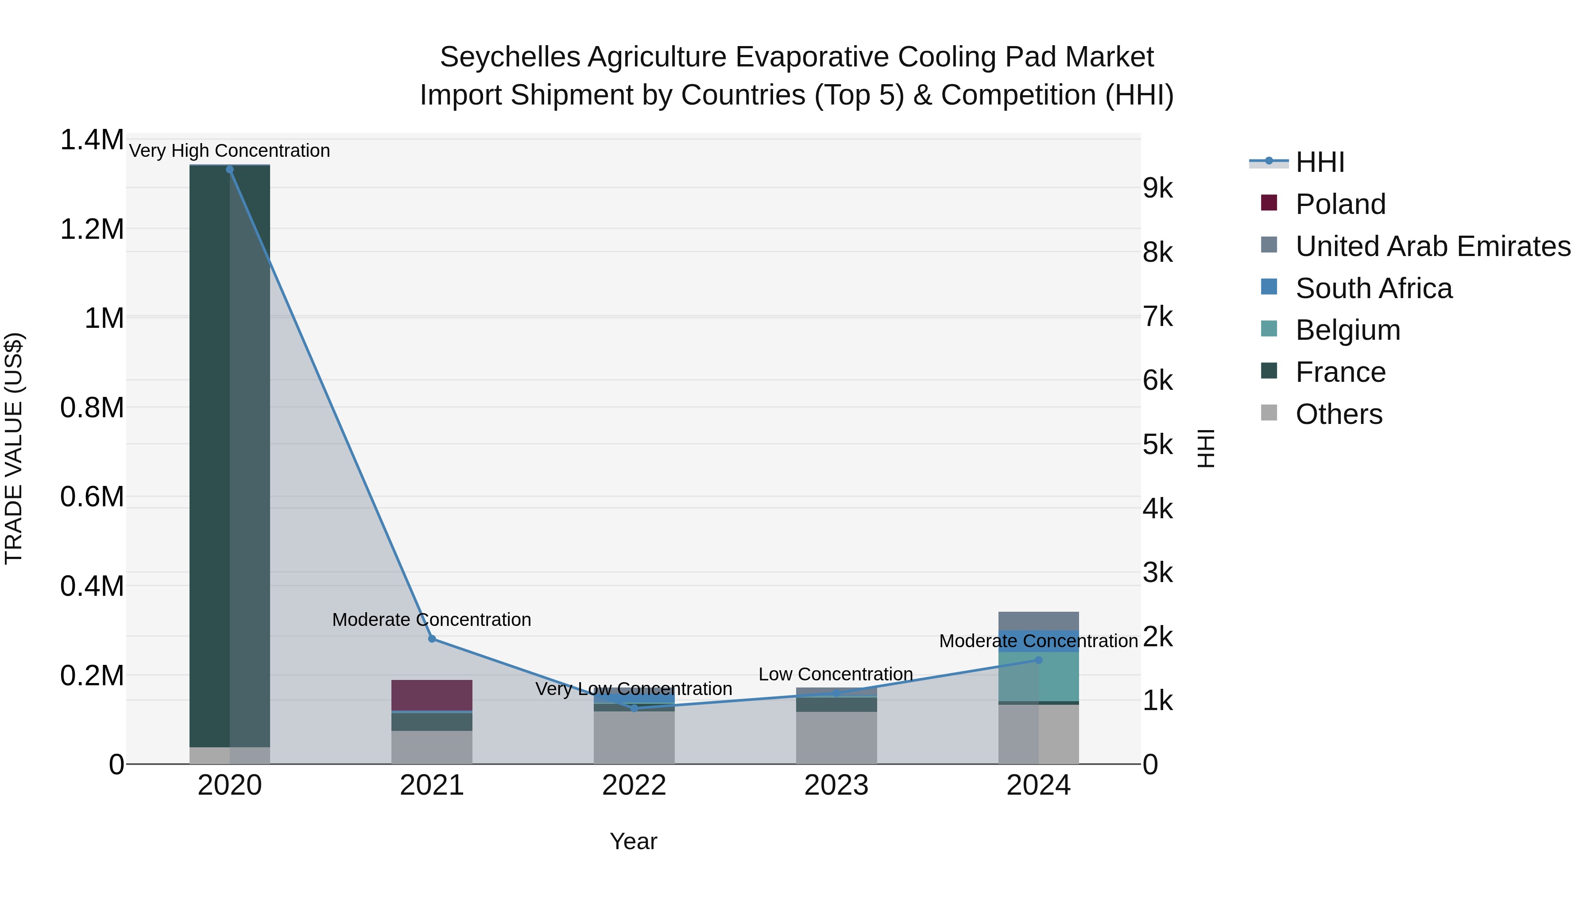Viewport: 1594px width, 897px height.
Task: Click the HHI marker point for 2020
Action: [229, 170]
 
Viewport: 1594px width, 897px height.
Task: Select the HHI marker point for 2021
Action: [432, 639]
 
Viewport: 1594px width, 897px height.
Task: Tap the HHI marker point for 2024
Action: [1038, 660]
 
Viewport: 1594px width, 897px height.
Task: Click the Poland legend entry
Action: [1340, 204]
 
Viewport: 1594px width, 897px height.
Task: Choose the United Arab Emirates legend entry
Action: [1432, 246]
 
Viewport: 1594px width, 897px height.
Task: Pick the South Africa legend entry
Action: [1373, 288]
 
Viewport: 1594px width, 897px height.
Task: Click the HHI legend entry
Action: [1319, 162]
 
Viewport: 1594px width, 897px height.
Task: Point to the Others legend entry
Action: [1339, 414]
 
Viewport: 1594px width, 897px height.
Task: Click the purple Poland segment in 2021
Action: [432, 695]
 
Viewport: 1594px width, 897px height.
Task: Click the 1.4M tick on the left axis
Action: [92, 140]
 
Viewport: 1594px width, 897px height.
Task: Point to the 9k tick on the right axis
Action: [1157, 188]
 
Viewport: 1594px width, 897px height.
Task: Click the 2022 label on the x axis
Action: [634, 785]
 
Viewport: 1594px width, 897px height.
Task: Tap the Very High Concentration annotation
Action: [229, 151]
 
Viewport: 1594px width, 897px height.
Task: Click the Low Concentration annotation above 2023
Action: [836, 674]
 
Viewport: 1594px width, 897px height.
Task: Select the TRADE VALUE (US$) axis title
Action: [14, 448]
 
